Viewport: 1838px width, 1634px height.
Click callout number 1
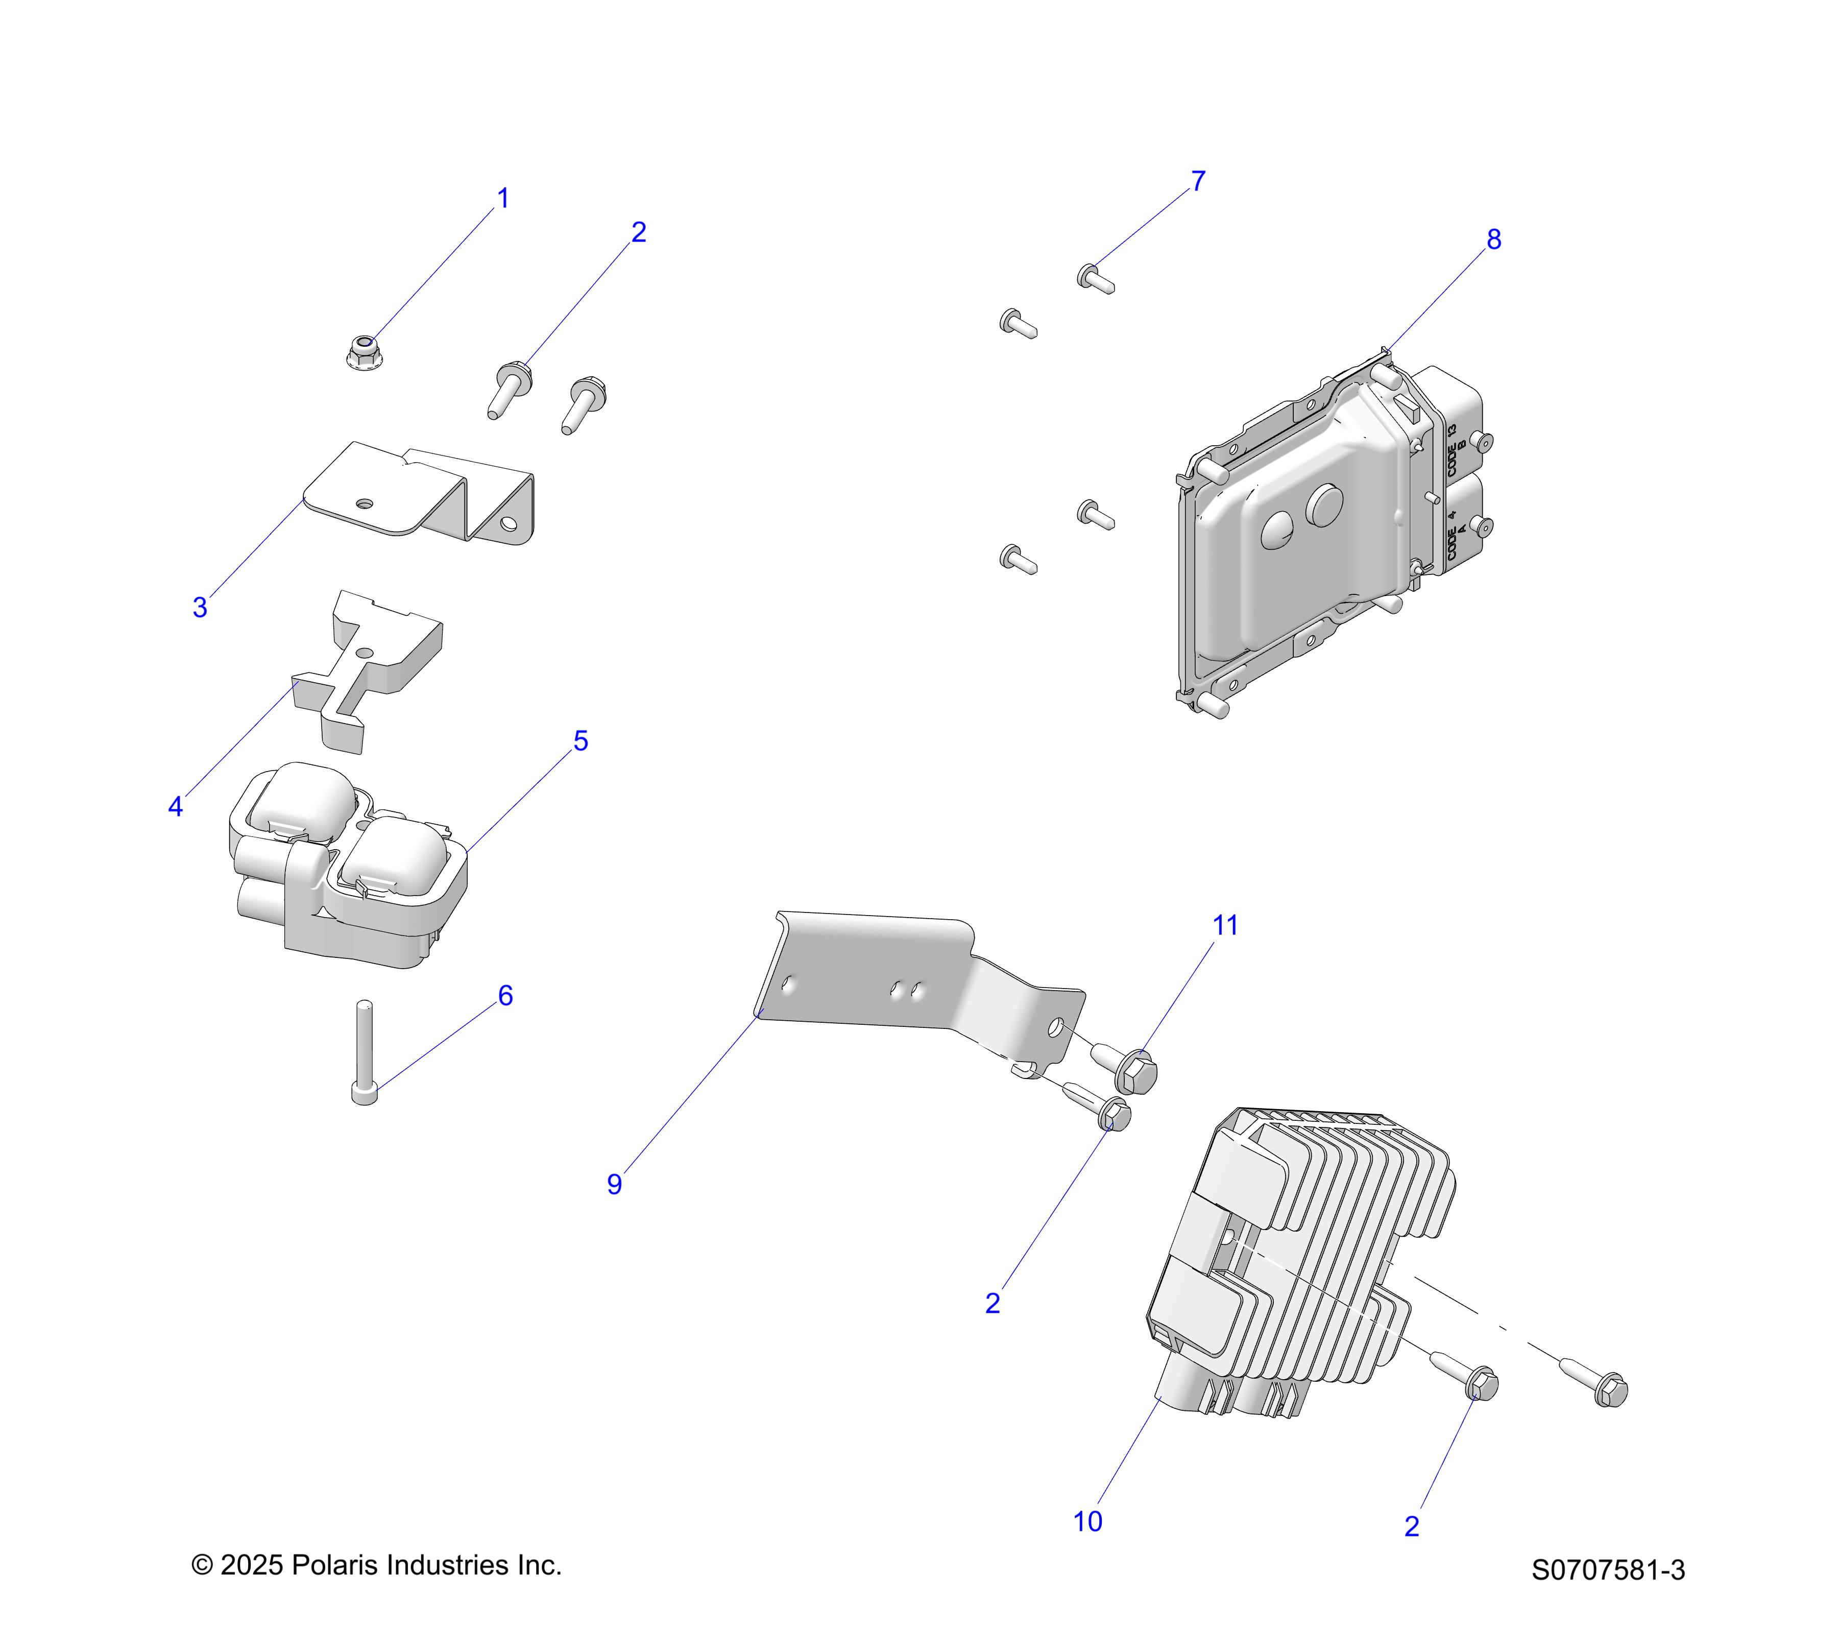[503, 199]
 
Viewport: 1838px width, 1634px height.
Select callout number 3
[200, 608]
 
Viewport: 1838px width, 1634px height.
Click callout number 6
[505, 996]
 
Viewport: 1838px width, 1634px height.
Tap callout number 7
[1198, 182]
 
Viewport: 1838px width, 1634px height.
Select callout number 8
[1493, 240]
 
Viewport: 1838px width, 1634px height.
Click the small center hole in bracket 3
[364, 502]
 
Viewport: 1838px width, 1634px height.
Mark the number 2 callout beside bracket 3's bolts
[638, 233]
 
